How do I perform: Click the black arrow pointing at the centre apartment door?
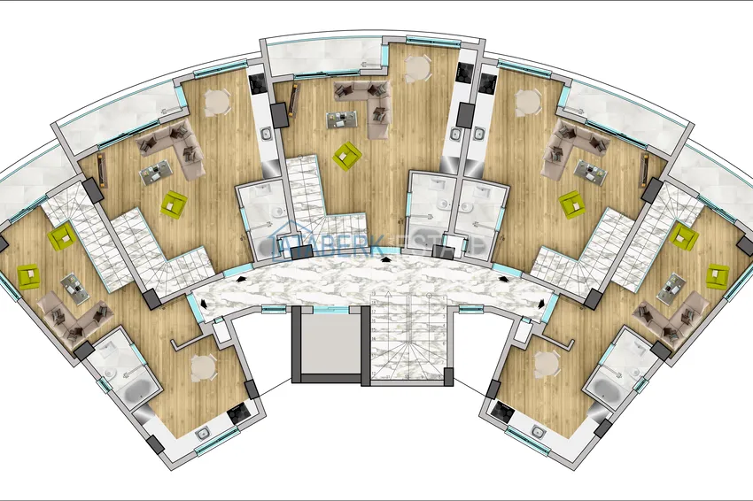[384, 260]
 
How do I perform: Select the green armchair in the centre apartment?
[346, 155]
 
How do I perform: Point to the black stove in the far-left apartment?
[238, 413]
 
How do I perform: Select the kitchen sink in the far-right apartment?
[537, 432]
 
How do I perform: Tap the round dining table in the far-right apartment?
[543, 364]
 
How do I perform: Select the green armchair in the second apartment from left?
[174, 203]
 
